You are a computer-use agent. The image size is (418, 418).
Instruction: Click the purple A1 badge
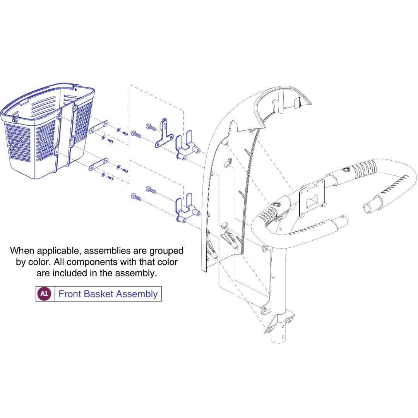click(44, 294)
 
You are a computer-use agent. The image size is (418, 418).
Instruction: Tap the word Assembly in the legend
click(137, 294)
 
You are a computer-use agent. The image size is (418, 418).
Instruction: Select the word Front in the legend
click(70, 294)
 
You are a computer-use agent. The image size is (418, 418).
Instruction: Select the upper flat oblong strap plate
click(98, 127)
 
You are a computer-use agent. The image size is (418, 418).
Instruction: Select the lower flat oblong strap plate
click(98, 164)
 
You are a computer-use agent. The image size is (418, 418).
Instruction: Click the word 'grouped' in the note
click(166, 251)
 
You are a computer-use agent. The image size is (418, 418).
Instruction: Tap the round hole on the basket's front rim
click(13, 120)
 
